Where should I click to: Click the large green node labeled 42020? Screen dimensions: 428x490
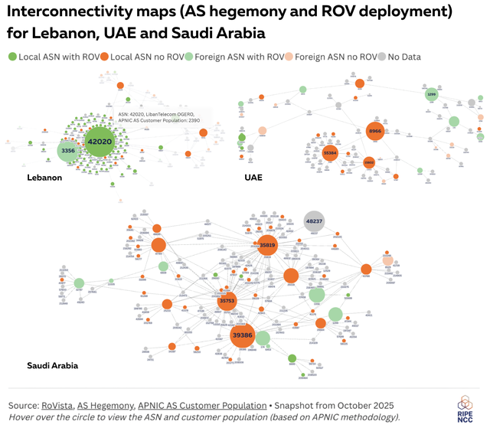click(x=100, y=142)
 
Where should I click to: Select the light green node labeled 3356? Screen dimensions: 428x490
click(x=68, y=151)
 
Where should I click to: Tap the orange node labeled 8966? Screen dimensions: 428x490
click(x=374, y=132)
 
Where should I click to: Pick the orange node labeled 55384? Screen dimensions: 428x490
click(x=331, y=153)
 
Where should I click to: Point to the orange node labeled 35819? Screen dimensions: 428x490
click(x=267, y=246)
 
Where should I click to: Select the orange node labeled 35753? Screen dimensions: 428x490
click(x=227, y=302)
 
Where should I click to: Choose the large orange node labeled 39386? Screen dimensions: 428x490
click(x=242, y=336)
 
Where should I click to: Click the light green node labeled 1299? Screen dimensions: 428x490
click(x=431, y=94)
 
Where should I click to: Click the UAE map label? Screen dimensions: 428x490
click(x=253, y=178)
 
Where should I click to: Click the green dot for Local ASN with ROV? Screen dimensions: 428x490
click(x=13, y=57)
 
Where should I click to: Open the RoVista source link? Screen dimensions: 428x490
click(x=62, y=405)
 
